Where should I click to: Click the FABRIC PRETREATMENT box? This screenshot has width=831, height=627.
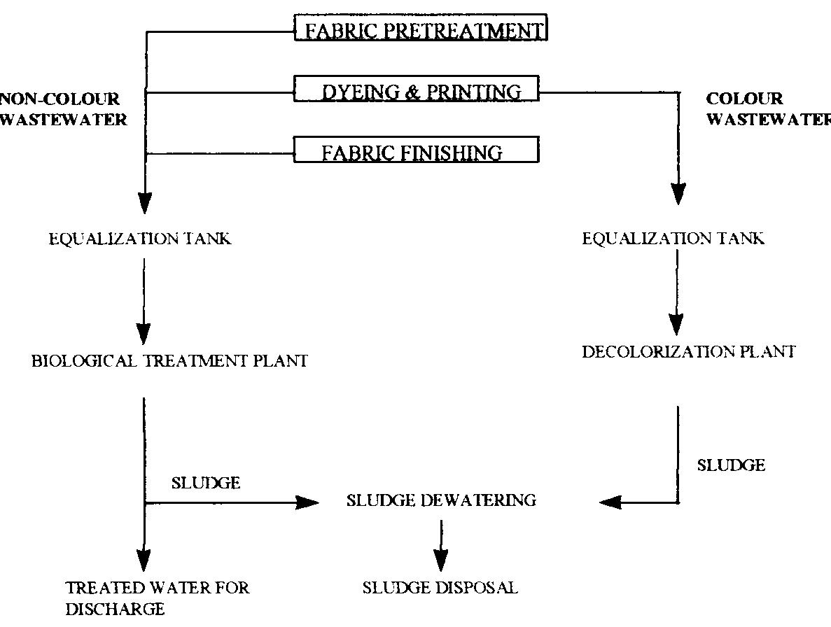click(x=420, y=29)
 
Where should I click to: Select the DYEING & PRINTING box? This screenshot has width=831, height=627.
click(x=417, y=91)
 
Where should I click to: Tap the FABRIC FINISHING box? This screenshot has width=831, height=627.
click(x=417, y=151)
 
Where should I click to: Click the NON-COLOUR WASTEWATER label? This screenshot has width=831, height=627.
click(x=63, y=109)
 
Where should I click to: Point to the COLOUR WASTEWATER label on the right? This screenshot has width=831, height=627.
click(x=767, y=109)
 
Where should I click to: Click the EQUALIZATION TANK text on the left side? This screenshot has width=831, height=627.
click(x=140, y=239)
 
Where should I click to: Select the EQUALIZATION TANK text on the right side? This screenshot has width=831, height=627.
click(x=673, y=239)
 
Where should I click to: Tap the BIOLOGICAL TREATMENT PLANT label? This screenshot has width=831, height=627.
click(x=169, y=362)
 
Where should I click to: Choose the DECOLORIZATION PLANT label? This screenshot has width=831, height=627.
click(x=688, y=352)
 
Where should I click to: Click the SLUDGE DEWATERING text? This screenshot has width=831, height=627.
click(x=441, y=500)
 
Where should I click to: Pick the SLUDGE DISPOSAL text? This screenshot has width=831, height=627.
click(x=440, y=588)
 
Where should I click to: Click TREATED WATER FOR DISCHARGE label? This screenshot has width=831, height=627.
click(x=157, y=597)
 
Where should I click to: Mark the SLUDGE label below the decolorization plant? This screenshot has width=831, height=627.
click(x=731, y=465)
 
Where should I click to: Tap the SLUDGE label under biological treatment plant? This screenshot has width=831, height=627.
click(x=205, y=483)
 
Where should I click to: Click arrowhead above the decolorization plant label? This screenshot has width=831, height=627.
click(x=677, y=323)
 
